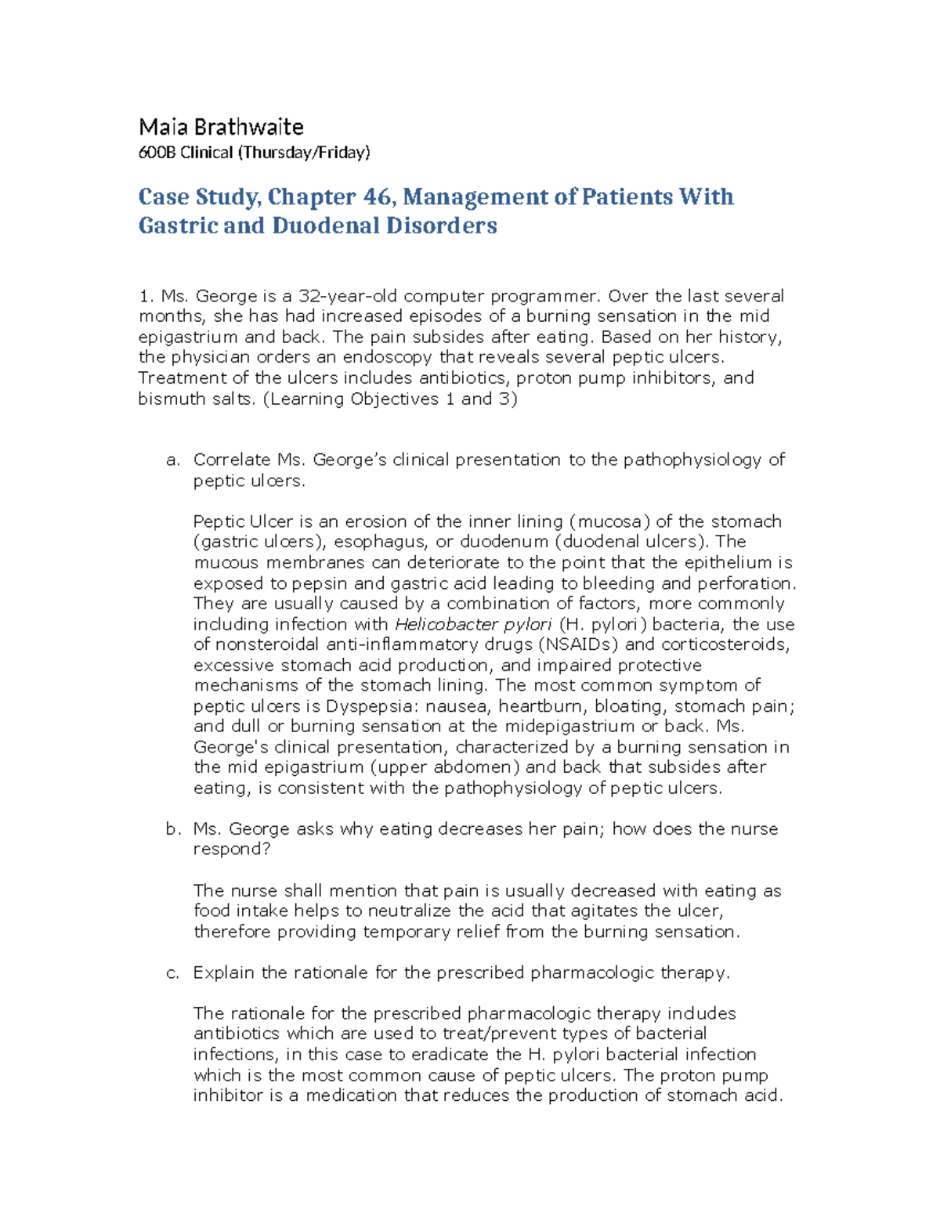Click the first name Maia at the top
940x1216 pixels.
tap(159, 127)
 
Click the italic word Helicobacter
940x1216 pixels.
tap(436, 624)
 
